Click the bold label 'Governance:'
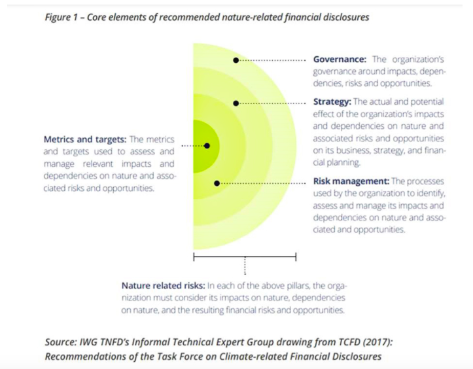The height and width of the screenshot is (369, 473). click(x=340, y=60)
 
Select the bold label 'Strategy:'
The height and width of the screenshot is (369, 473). click(x=332, y=102)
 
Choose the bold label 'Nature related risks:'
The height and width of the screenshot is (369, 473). click(x=164, y=286)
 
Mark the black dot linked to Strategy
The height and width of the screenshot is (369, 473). click(x=236, y=103)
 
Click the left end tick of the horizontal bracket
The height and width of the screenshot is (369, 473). click(x=194, y=256)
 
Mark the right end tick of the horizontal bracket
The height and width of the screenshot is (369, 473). click(x=296, y=256)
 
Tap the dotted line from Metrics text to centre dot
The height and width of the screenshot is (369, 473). click(x=192, y=145)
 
